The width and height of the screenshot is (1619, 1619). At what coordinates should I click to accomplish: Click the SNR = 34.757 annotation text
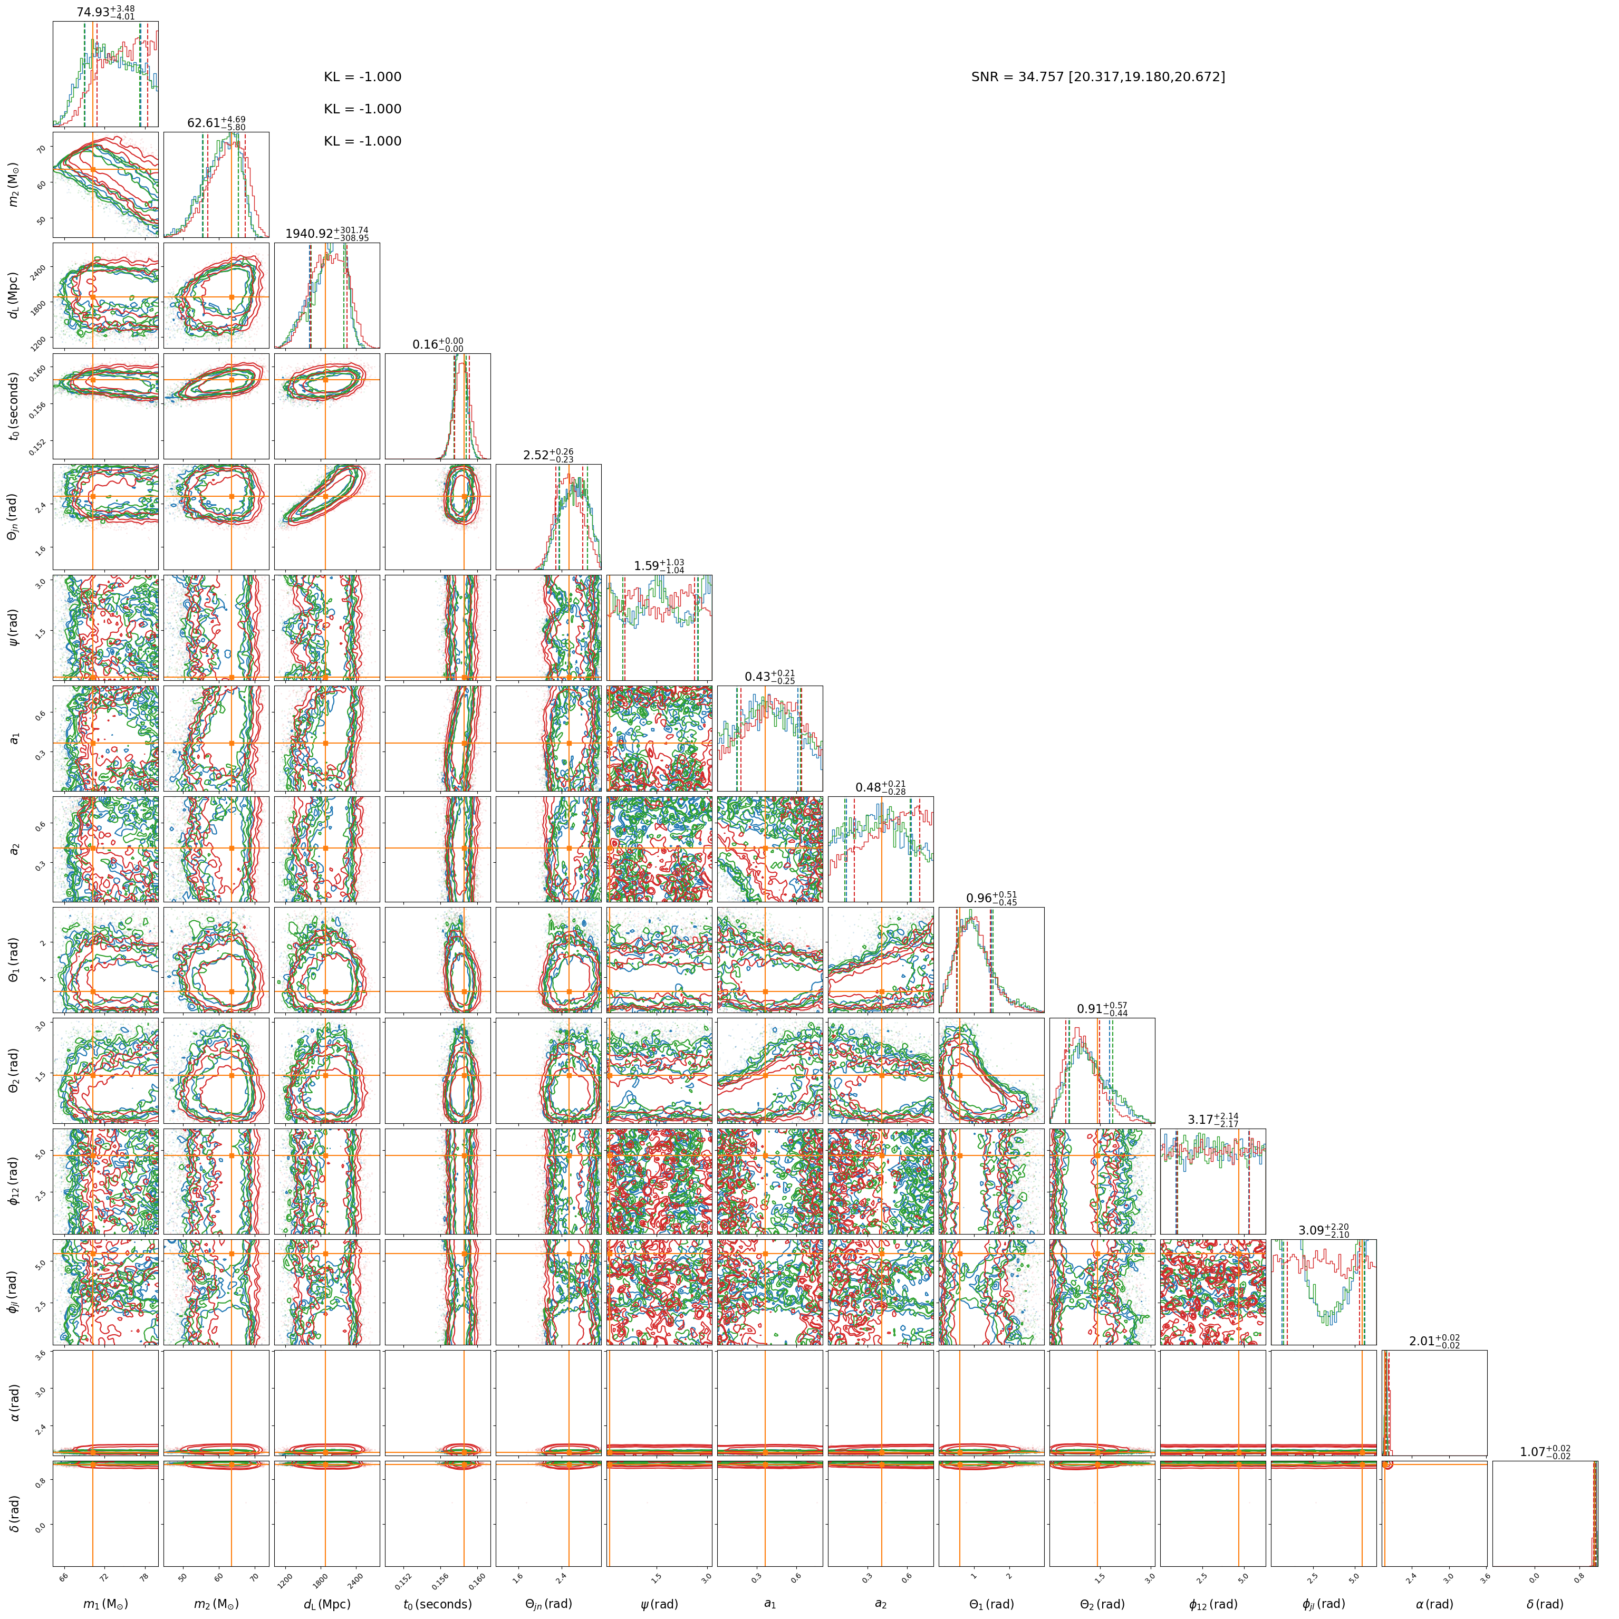pos(1098,77)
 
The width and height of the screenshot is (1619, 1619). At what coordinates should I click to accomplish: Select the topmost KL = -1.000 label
pos(363,77)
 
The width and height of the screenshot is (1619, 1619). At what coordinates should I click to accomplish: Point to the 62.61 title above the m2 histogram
pos(216,123)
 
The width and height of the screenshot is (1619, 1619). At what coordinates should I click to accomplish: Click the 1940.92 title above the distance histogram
pos(327,234)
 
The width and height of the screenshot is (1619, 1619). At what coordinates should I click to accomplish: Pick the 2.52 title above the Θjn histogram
pos(549,455)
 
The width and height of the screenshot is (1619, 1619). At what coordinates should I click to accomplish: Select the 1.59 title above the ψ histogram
pos(660,566)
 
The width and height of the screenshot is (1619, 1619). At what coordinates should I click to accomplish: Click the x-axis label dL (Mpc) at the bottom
pos(327,1604)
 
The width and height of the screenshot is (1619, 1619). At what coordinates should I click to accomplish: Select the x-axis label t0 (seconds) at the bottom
pos(437,1604)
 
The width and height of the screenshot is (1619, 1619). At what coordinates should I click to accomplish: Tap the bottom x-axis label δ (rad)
pos(1545,1604)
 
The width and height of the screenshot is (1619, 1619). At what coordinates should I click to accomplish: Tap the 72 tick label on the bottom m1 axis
pos(103,1574)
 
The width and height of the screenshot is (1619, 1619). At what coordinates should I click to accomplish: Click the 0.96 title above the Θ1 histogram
pos(992,898)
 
